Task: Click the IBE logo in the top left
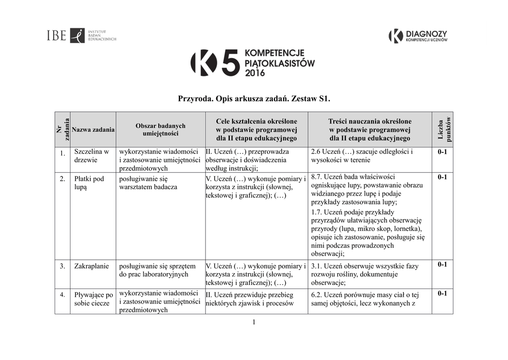coord(81,36)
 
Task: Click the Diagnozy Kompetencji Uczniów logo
coord(418,36)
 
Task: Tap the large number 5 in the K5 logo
coord(230,63)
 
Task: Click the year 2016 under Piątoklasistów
coord(255,73)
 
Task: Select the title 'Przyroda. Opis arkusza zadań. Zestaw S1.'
coord(254,99)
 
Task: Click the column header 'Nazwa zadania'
coord(93,130)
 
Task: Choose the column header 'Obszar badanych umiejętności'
coord(160,130)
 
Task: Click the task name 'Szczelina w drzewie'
coord(91,156)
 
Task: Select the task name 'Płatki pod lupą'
coord(89,183)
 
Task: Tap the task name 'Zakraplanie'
coord(91,266)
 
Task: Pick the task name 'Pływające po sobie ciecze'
coord(93,299)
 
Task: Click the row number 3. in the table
coord(63,266)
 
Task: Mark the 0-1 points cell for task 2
coord(442,177)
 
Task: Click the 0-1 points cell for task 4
coord(442,293)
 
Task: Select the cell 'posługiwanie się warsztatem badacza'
coord(148,183)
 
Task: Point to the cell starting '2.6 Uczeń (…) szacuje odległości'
coord(362,156)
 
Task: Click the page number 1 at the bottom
coord(254,322)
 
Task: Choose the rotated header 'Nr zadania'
coord(63,129)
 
